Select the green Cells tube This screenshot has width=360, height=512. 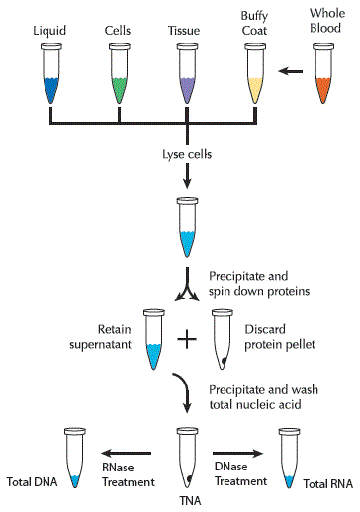(x=118, y=78)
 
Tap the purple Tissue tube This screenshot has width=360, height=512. (x=185, y=78)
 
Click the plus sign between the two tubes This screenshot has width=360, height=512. (x=186, y=341)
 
